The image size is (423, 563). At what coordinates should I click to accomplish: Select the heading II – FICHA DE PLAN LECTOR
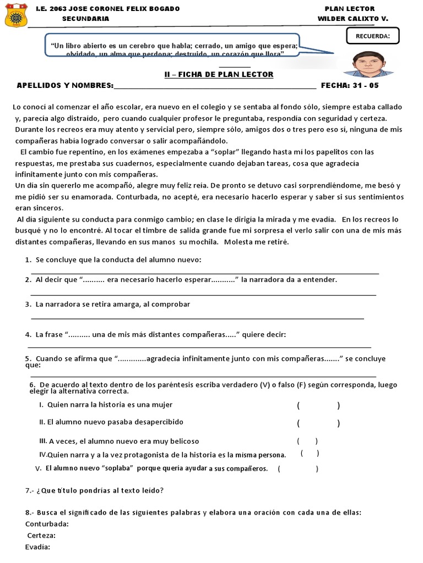pyautogui.click(x=219, y=74)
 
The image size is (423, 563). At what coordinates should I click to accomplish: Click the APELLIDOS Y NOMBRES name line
pyautogui.click(x=215, y=86)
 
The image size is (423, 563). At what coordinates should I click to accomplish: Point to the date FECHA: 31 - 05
pyautogui.click(x=350, y=86)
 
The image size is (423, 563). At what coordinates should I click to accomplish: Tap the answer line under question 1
pyautogui.click(x=204, y=272)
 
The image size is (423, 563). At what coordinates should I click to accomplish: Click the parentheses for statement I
pyautogui.click(x=318, y=406)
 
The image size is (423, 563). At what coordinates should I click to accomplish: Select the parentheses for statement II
pyautogui.click(x=318, y=423)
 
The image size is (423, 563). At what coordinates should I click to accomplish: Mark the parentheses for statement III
pyautogui.click(x=307, y=441)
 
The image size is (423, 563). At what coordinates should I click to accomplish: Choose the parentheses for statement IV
pyautogui.click(x=310, y=454)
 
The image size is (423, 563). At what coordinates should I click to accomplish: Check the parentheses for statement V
pyautogui.click(x=298, y=469)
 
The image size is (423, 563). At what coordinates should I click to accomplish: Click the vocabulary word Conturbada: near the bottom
pyautogui.click(x=47, y=523)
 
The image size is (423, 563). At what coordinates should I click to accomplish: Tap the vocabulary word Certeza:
pyautogui.click(x=41, y=536)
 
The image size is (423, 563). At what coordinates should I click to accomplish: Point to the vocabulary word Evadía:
pyautogui.click(x=38, y=547)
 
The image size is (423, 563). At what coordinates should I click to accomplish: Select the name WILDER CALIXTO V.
pyautogui.click(x=352, y=19)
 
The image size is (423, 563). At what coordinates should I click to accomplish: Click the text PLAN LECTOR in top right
pyautogui.click(x=350, y=9)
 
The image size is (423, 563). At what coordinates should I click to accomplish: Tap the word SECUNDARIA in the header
pyautogui.click(x=85, y=19)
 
